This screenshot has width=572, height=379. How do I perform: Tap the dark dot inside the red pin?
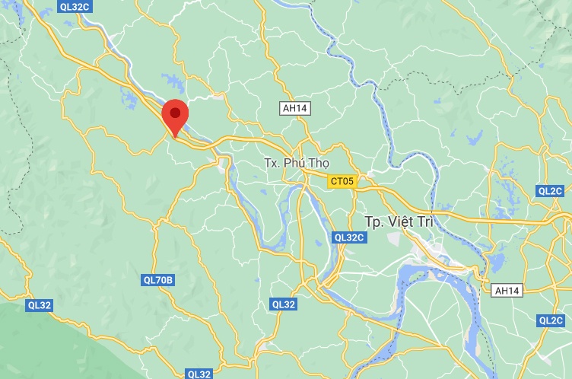click(x=176, y=113)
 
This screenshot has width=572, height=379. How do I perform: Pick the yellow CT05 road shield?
click(x=342, y=181)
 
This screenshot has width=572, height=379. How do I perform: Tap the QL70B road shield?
click(x=158, y=280)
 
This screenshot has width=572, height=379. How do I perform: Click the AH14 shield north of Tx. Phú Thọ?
click(x=294, y=109)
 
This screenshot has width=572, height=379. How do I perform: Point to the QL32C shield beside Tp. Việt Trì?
click(x=349, y=237)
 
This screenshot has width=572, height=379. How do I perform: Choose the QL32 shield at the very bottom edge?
click(x=199, y=374)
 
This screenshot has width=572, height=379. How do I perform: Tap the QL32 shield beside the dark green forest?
click(x=39, y=305)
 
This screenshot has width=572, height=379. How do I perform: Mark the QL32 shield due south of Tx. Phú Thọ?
click(x=283, y=304)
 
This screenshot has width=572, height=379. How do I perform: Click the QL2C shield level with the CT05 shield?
click(x=550, y=190)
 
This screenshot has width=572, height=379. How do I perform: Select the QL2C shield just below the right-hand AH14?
click(x=550, y=320)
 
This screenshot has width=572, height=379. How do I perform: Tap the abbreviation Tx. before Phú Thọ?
click(x=272, y=163)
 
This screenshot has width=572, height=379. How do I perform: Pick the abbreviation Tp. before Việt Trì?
click(x=372, y=221)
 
